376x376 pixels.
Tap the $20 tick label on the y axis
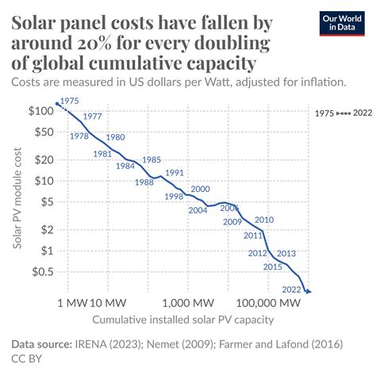[x=40, y=159]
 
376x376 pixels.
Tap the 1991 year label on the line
[x=175, y=173]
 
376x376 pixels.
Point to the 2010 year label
[x=264, y=220]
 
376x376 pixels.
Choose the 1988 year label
[x=144, y=182]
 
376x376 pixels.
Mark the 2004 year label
[x=198, y=210]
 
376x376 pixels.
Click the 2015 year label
[x=273, y=267]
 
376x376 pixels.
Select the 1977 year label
[x=92, y=117]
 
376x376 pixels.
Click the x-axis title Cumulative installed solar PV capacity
[x=182, y=320]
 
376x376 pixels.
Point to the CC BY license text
[x=25, y=359]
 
